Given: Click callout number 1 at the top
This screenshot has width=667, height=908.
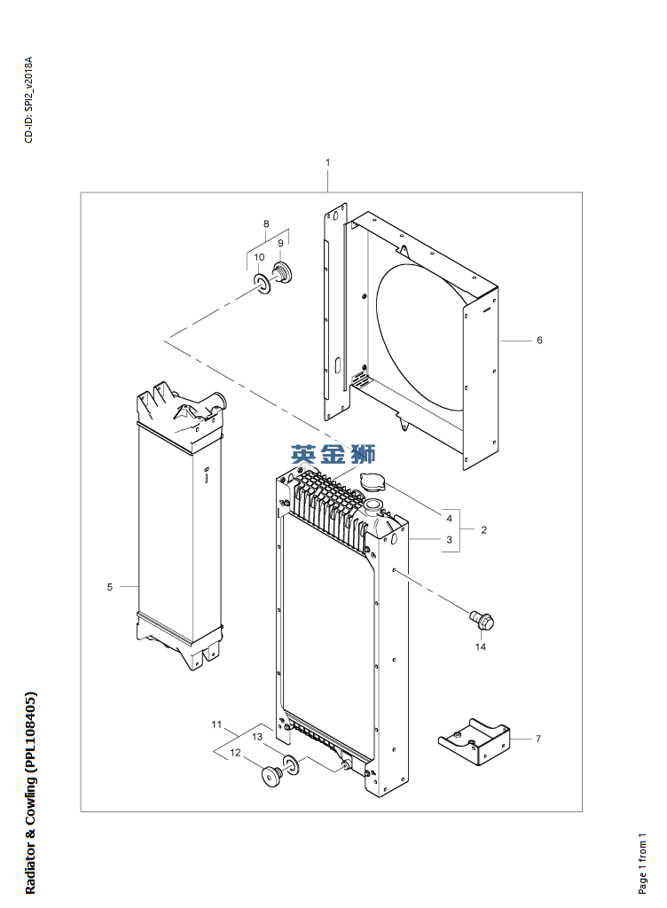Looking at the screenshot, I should pos(327,162).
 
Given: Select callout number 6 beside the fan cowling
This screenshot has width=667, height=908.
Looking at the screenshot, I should pos(539,340).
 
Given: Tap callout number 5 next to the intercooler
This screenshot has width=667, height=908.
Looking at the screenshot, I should pos(110,587).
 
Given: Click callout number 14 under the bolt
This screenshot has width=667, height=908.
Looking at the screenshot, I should pos(480,647).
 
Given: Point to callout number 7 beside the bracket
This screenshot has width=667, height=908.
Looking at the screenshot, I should pos(538,738).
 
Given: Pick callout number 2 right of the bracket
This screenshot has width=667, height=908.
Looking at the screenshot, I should pos(483,530).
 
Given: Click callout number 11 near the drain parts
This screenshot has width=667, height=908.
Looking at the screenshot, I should pos(216,725).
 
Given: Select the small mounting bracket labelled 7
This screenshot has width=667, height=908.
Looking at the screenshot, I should pos(475,743).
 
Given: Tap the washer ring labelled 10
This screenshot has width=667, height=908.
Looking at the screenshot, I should pos(262,283).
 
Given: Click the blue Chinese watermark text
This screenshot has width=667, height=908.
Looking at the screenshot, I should pos(333,455).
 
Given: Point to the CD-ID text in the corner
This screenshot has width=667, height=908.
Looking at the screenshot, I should pos(28,100).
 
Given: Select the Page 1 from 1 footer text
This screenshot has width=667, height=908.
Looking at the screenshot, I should pos(643,861).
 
